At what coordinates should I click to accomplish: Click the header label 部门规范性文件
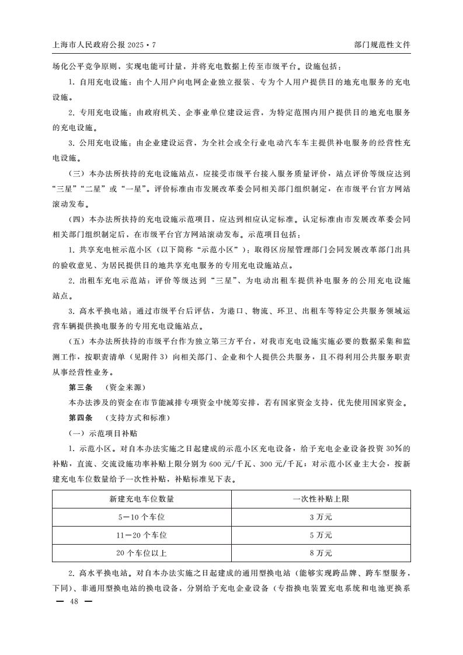pyautogui.click(x=382, y=44)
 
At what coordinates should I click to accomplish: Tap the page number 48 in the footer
pyautogui.click(x=74, y=601)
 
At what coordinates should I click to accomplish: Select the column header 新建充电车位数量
pyautogui.click(x=142, y=499)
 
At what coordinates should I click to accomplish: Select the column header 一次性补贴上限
pyautogui.click(x=321, y=499)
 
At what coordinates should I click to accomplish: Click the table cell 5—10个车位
pyautogui.click(x=142, y=517)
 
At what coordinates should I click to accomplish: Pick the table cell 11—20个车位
pyautogui.click(x=142, y=535)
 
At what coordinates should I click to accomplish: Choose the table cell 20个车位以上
pyautogui.click(x=142, y=552)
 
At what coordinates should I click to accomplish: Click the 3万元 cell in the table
pyautogui.click(x=321, y=517)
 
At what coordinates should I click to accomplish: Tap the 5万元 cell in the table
pyautogui.click(x=321, y=535)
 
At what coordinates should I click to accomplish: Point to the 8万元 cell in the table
pyautogui.click(x=321, y=552)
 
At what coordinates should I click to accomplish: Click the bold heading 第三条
pyautogui.click(x=81, y=387)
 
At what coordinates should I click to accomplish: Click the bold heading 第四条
pyautogui.click(x=81, y=418)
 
